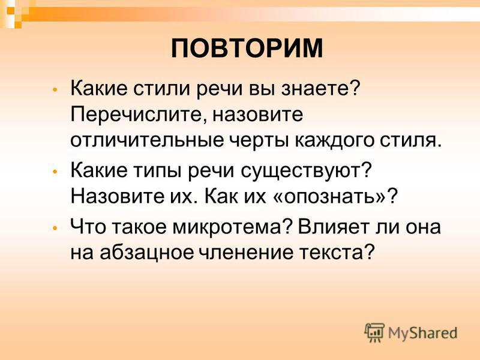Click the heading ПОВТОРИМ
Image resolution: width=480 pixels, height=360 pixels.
point(247,49)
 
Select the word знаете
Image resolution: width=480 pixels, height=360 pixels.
point(320,88)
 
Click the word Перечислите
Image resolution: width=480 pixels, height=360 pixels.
point(137,115)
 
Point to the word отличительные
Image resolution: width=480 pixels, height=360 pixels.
point(147,140)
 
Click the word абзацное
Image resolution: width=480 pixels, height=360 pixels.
point(146,253)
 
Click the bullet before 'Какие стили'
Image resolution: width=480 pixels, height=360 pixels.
point(55,90)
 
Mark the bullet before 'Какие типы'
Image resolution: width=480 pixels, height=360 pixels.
point(55,172)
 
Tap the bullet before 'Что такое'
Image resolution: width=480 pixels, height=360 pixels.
point(55,228)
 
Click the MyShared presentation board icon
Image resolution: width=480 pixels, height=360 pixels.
point(374,333)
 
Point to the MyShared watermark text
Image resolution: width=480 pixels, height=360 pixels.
point(422,333)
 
